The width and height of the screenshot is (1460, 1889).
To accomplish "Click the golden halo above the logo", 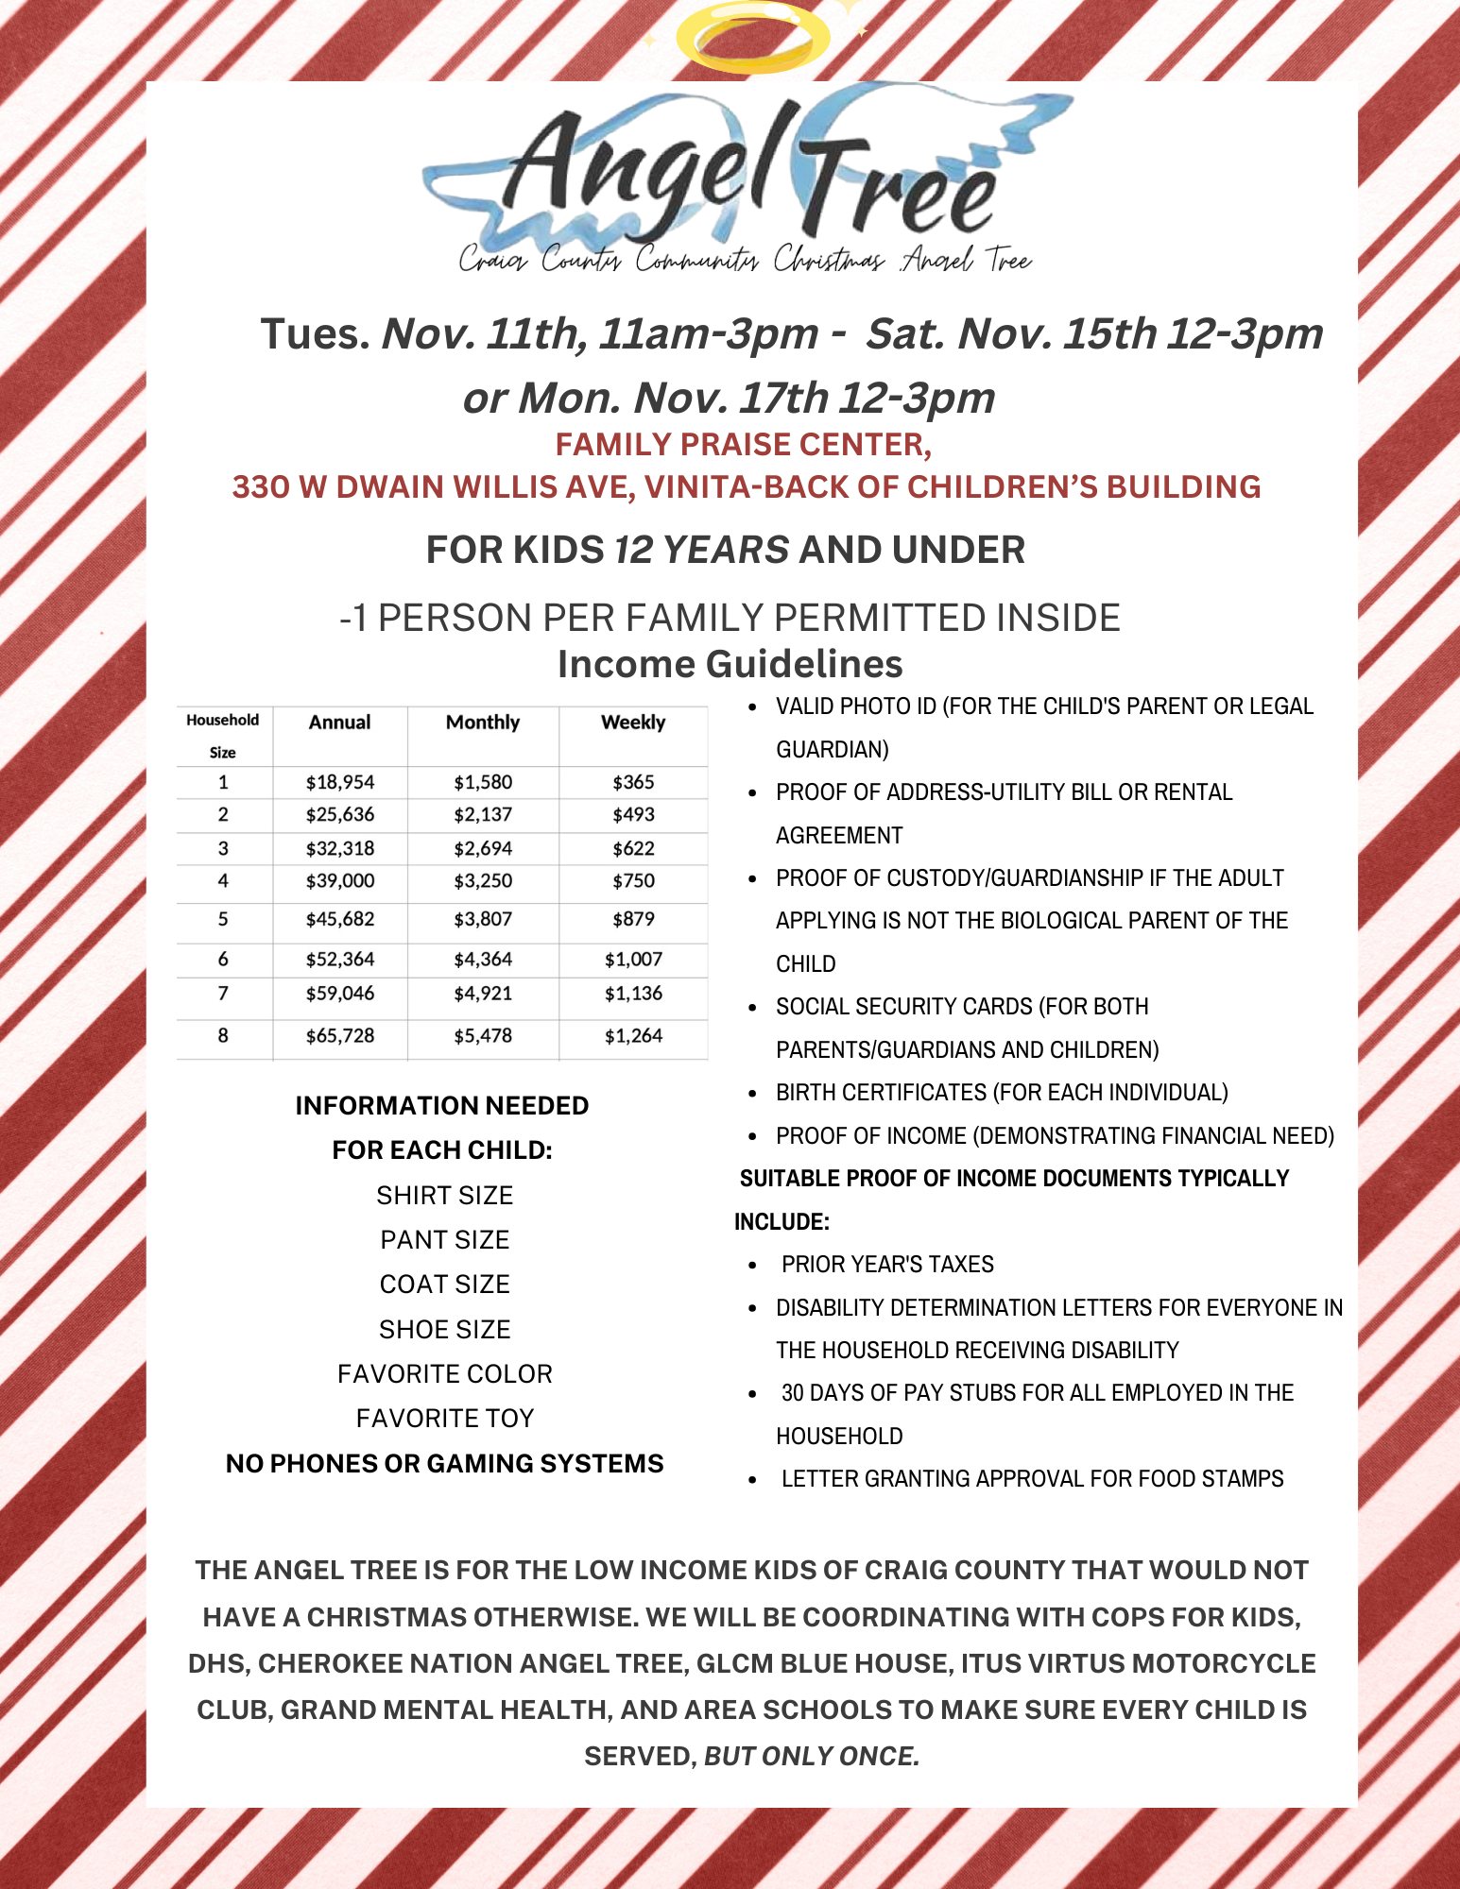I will (x=752, y=39).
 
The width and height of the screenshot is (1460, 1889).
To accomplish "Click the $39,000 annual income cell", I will (x=339, y=881).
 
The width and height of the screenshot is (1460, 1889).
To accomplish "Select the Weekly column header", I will (x=633, y=723).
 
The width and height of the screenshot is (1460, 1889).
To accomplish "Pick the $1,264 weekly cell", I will (x=633, y=1036).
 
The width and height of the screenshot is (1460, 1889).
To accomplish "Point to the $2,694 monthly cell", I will (x=482, y=849).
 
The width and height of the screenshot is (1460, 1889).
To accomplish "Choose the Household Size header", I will (x=223, y=735).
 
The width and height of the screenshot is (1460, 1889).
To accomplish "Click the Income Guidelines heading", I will (x=730, y=664).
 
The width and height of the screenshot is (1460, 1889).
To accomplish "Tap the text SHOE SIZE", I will (x=444, y=1330).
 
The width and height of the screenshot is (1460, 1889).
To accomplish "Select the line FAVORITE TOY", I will (x=444, y=1419).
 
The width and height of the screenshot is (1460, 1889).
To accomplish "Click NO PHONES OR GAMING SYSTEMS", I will (x=444, y=1464).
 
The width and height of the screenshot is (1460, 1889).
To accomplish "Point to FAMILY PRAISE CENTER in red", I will (x=743, y=444).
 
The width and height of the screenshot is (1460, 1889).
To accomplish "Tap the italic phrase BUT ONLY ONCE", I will (x=812, y=1757).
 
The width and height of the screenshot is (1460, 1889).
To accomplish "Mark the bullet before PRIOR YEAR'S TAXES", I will (x=752, y=1266).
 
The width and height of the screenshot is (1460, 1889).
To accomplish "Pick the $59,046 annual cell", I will (x=339, y=994).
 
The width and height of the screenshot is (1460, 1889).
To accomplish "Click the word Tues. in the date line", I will (x=315, y=333).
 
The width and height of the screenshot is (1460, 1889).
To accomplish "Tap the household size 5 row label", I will (x=223, y=920).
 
